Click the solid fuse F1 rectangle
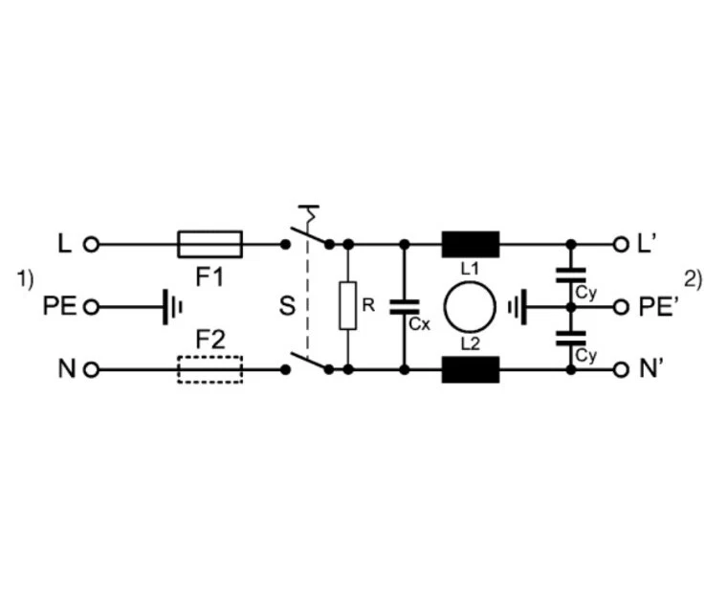tap(210, 244)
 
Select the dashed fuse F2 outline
tap(210, 369)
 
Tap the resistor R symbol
tap(348, 306)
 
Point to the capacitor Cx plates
tap(405, 307)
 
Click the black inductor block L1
tap(470, 244)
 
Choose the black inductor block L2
tap(470, 369)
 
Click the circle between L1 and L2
tap(470, 307)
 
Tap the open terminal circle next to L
tap(92, 244)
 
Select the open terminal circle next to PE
tap(92, 307)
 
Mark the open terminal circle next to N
tap(92, 369)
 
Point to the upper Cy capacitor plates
tap(571, 276)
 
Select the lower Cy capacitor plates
tap(571, 338)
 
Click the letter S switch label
tap(286, 307)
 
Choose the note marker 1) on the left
tap(25, 279)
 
